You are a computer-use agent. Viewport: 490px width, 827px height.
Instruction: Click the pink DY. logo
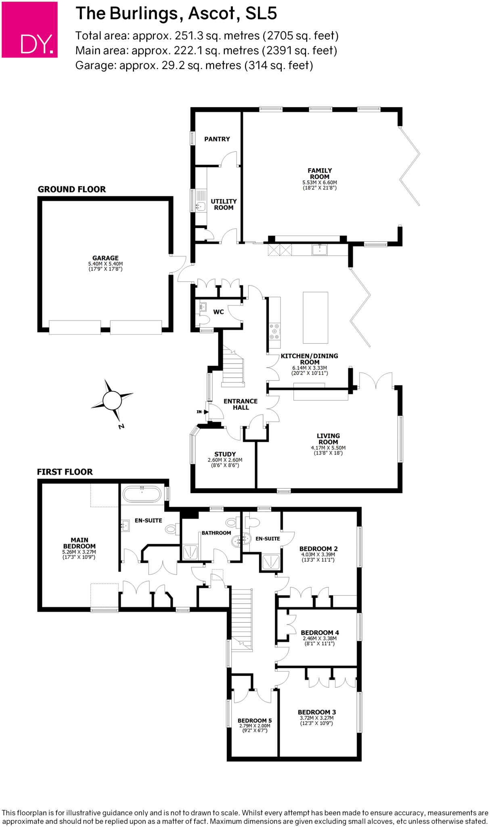tap(29, 29)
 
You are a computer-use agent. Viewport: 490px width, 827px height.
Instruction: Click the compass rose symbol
tap(112, 400)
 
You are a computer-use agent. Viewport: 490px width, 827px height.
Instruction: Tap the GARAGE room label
tap(105, 258)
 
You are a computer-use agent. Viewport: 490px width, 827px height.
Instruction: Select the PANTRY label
tap(217, 139)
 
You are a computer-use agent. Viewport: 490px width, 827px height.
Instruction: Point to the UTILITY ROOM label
tap(224, 204)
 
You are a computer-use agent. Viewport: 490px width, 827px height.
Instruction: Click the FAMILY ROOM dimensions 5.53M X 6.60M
tap(320, 183)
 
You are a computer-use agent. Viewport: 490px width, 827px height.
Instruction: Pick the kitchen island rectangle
tap(315, 317)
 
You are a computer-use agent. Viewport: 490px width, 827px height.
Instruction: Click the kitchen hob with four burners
tap(274, 331)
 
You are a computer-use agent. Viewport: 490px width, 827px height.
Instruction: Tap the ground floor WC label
tap(218, 312)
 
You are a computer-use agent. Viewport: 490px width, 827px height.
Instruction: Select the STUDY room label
tap(225, 454)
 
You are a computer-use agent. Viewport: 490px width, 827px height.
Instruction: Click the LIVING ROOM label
tap(328, 439)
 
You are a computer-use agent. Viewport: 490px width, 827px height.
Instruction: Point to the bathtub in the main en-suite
tap(142, 494)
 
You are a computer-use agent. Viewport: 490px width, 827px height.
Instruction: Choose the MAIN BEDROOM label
tap(80, 543)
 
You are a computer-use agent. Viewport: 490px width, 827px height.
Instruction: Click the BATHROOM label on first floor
tap(216, 533)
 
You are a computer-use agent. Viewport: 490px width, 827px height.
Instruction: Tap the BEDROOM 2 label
tap(318, 549)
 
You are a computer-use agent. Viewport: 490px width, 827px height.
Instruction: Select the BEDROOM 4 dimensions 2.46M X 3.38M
tap(319, 638)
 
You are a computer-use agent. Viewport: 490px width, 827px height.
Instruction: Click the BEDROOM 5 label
tap(255, 720)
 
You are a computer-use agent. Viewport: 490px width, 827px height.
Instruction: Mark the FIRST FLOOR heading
tap(65, 472)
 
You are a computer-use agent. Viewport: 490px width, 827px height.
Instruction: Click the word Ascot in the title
tap(212, 14)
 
